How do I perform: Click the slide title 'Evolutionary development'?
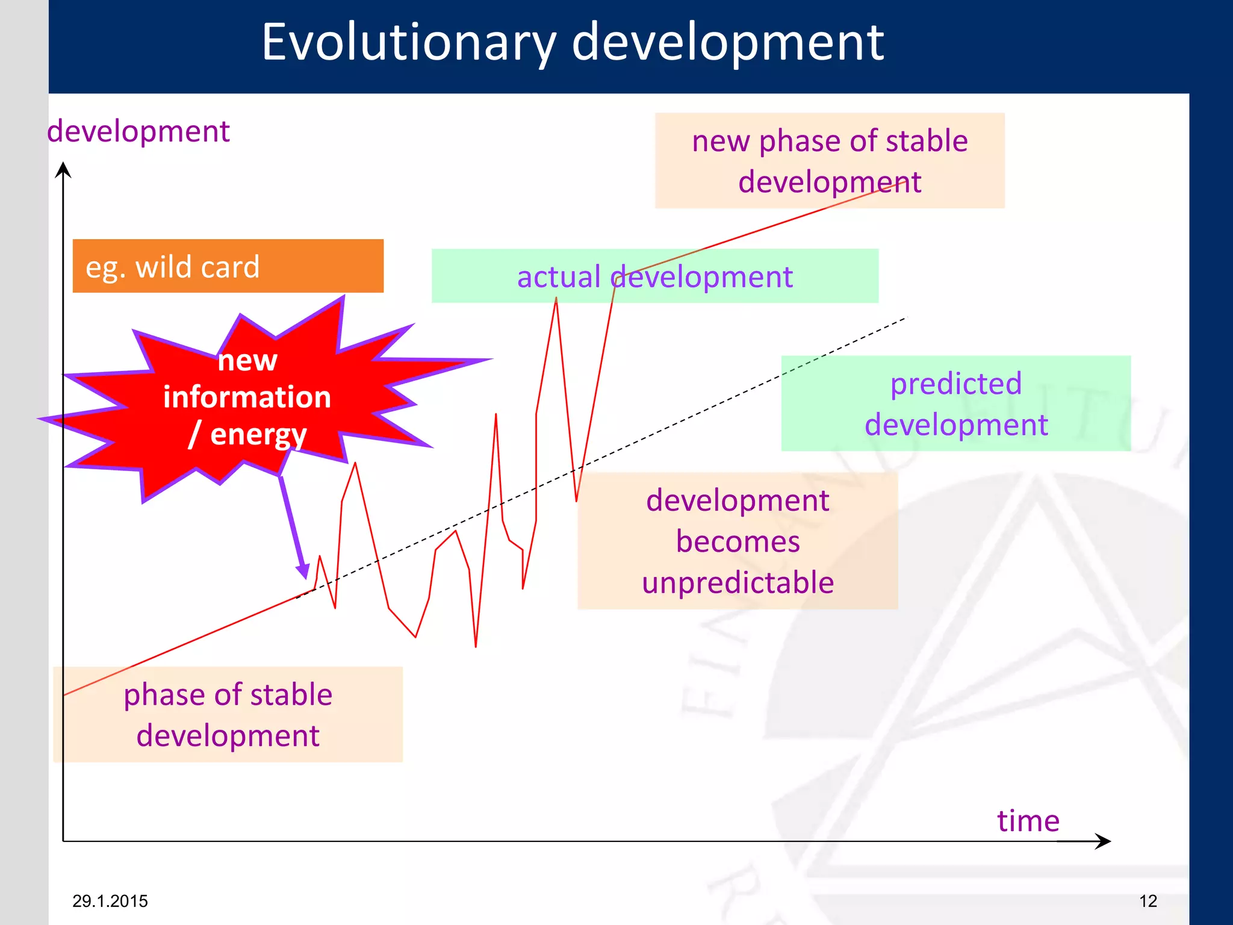point(572,42)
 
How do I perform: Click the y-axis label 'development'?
point(138,131)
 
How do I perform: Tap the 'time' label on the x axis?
point(1028,820)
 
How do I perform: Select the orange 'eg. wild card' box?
point(228,266)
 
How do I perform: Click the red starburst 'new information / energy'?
point(247,397)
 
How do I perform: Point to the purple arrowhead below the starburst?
point(303,570)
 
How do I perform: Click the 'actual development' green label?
point(654,276)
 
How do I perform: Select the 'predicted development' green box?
point(955,403)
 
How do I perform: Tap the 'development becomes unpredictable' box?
point(738,541)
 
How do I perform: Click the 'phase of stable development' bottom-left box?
point(228,715)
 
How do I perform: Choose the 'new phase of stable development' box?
point(830,161)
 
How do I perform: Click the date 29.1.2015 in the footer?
point(110,901)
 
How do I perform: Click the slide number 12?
point(1148,901)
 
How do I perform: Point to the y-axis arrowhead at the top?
point(63,169)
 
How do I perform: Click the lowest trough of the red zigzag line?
point(476,646)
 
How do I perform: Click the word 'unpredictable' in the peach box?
point(738,582)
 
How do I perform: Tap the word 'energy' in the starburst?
point(258,435)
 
